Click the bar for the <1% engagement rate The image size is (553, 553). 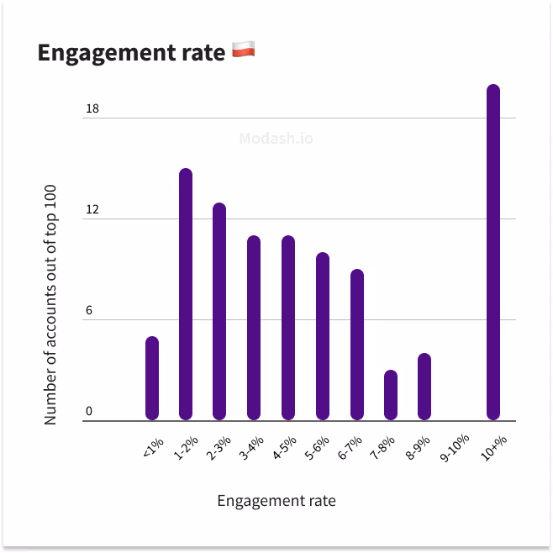click(x=152, y=378)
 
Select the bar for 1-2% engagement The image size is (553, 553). click(x=186, y=294)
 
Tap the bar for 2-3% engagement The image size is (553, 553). click(x=219, y=311)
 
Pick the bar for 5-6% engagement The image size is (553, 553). click(x=323, y=336)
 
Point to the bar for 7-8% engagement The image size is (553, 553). click(x=391, y=395)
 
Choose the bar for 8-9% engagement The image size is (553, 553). click(x=424, y=387)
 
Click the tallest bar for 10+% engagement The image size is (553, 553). click(x=493, y=252)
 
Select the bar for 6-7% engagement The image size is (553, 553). click(x=357, y=345)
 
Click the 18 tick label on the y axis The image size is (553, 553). click(x=92, y=109)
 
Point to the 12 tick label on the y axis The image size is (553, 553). click(x=92, y=210)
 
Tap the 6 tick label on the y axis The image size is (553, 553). click(x=88, y=311)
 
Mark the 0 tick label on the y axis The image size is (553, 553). click(x=88, y=412)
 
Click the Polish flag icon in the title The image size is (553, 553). click(x=243, y=51)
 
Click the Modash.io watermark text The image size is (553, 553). click(x=276, y=138)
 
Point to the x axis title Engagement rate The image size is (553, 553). click(x=276, y=501)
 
